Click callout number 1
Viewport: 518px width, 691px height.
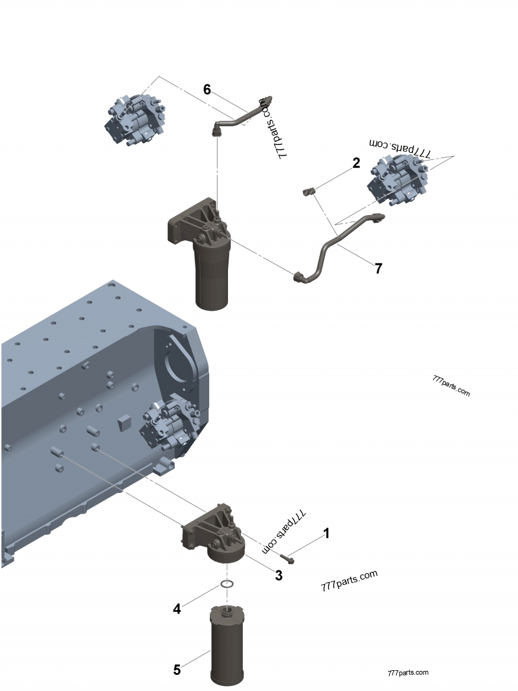point(326,533)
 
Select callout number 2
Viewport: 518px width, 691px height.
point(356,163)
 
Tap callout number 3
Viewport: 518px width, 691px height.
point(279,574)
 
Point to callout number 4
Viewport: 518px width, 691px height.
point(176,609)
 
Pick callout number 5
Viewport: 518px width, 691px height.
point(177,670)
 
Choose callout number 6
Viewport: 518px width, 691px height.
point(207,89)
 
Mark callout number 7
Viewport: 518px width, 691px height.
point(378,268)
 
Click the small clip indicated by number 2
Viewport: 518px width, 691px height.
point(309,190)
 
